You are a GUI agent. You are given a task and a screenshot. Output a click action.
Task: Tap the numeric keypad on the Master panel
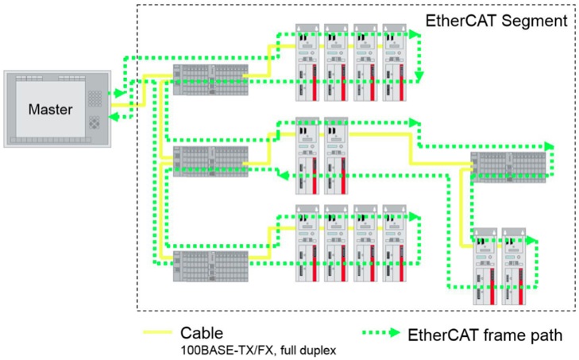pos(95,97)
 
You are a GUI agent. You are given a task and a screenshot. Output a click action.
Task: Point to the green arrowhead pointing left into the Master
pos(113,117)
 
